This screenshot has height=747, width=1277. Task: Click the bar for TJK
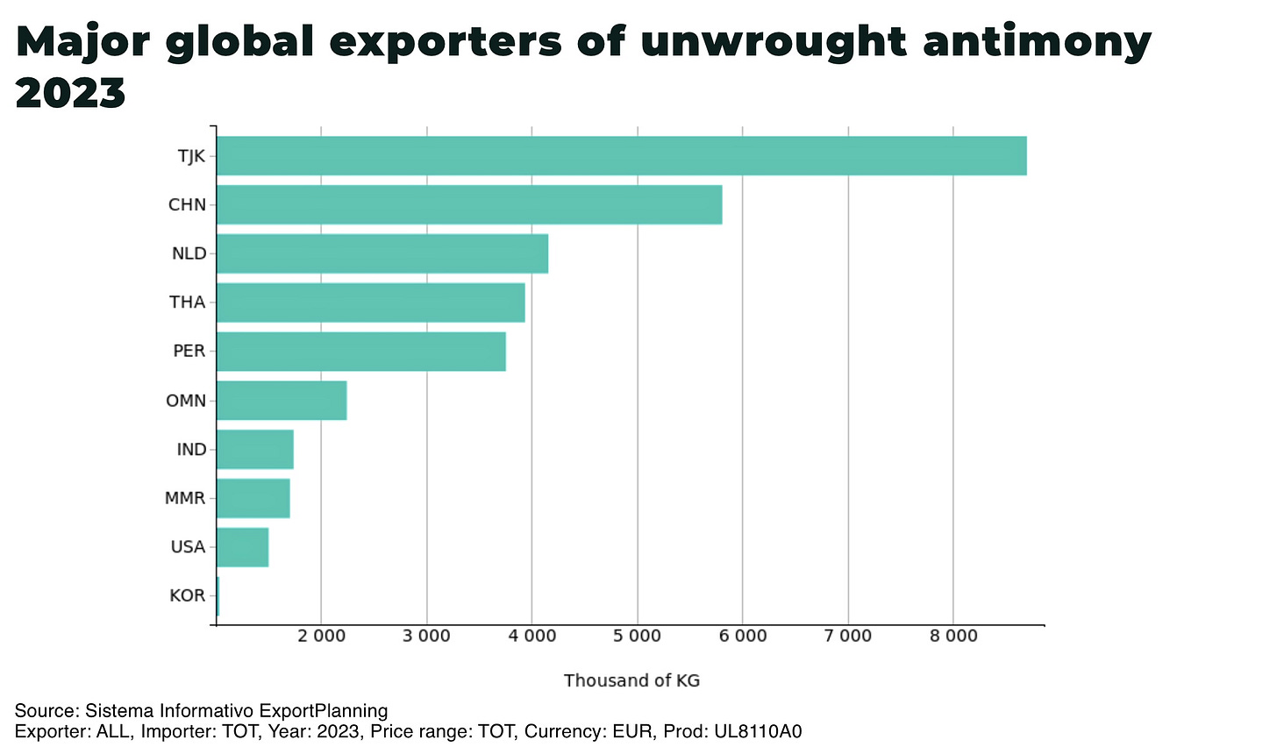click(621, 156)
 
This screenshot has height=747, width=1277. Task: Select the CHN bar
click(469, 205)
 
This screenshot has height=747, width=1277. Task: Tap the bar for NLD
click(382, 253)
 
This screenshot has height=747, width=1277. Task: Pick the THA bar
click(370, 302)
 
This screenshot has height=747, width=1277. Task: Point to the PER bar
click(360, 352)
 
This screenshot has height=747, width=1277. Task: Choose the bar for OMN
click(282, 401)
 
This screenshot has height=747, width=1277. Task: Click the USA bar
click(242, 547)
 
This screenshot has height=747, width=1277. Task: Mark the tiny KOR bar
click(218, 596)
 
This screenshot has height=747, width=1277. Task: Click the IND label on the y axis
click(191, 450)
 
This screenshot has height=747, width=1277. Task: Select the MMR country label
click(185, 498)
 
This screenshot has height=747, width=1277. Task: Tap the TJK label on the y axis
click(191, 156)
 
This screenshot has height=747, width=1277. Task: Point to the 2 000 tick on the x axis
click(322, 636)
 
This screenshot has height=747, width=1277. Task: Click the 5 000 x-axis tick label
click(638, 636)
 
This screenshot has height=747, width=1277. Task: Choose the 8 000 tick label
click(953, 636)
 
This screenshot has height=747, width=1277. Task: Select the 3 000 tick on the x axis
click(427, 636)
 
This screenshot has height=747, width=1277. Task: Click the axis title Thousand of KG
click(631, 680)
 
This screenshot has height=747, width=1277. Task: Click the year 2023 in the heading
click(70, 93)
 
